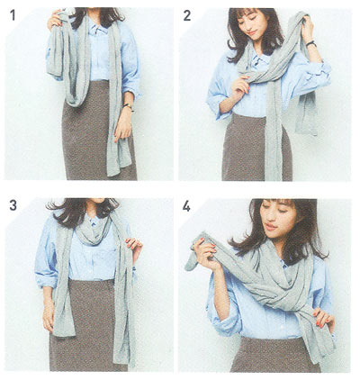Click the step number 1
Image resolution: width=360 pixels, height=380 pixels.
click(13, 15)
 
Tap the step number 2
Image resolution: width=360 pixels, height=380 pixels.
click(187, 15)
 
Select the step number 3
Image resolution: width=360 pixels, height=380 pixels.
click(13, 205)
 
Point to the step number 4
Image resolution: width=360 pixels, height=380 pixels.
click(186, 206)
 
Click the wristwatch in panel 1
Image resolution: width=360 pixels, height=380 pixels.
click(128, 106)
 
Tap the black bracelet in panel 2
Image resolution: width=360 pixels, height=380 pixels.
click(311, 43)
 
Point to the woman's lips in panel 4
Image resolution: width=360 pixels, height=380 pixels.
click(272, 227)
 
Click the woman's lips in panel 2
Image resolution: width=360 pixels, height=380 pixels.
click(252, 32)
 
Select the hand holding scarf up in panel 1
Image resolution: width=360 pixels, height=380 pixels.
click(56, 19)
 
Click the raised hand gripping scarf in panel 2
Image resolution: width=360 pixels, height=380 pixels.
click(307, 28)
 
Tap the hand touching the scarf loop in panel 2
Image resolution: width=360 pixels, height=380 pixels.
click(241, 86)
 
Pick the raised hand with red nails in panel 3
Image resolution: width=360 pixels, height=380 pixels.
click(134, 246)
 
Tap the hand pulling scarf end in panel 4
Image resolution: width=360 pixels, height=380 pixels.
click(204, 253)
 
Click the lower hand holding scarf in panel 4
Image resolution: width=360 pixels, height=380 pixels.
click(322, 318)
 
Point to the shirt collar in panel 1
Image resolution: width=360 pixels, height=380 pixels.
click(98, 27)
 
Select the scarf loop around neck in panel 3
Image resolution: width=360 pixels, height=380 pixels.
click(94, 231)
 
